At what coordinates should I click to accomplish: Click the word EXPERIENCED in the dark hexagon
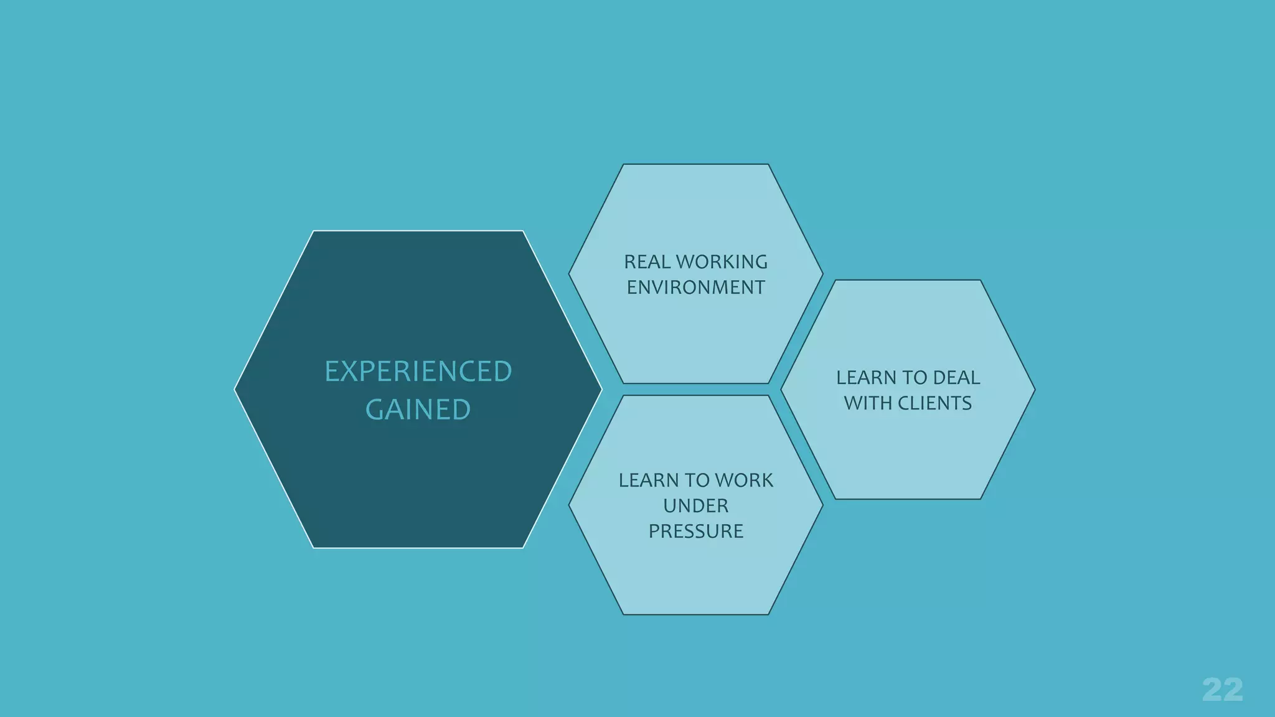418,372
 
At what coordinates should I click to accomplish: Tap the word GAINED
418,410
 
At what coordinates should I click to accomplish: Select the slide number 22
1222,690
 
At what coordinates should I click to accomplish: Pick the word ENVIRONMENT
695,288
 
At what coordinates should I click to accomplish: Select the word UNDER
695,506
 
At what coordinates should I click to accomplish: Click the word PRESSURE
695,532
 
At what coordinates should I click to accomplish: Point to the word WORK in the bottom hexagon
744,480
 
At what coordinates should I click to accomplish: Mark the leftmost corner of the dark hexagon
235,390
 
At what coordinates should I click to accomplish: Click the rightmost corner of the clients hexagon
1034,390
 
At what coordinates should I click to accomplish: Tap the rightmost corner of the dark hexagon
601,390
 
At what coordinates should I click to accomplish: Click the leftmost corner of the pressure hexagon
569,505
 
